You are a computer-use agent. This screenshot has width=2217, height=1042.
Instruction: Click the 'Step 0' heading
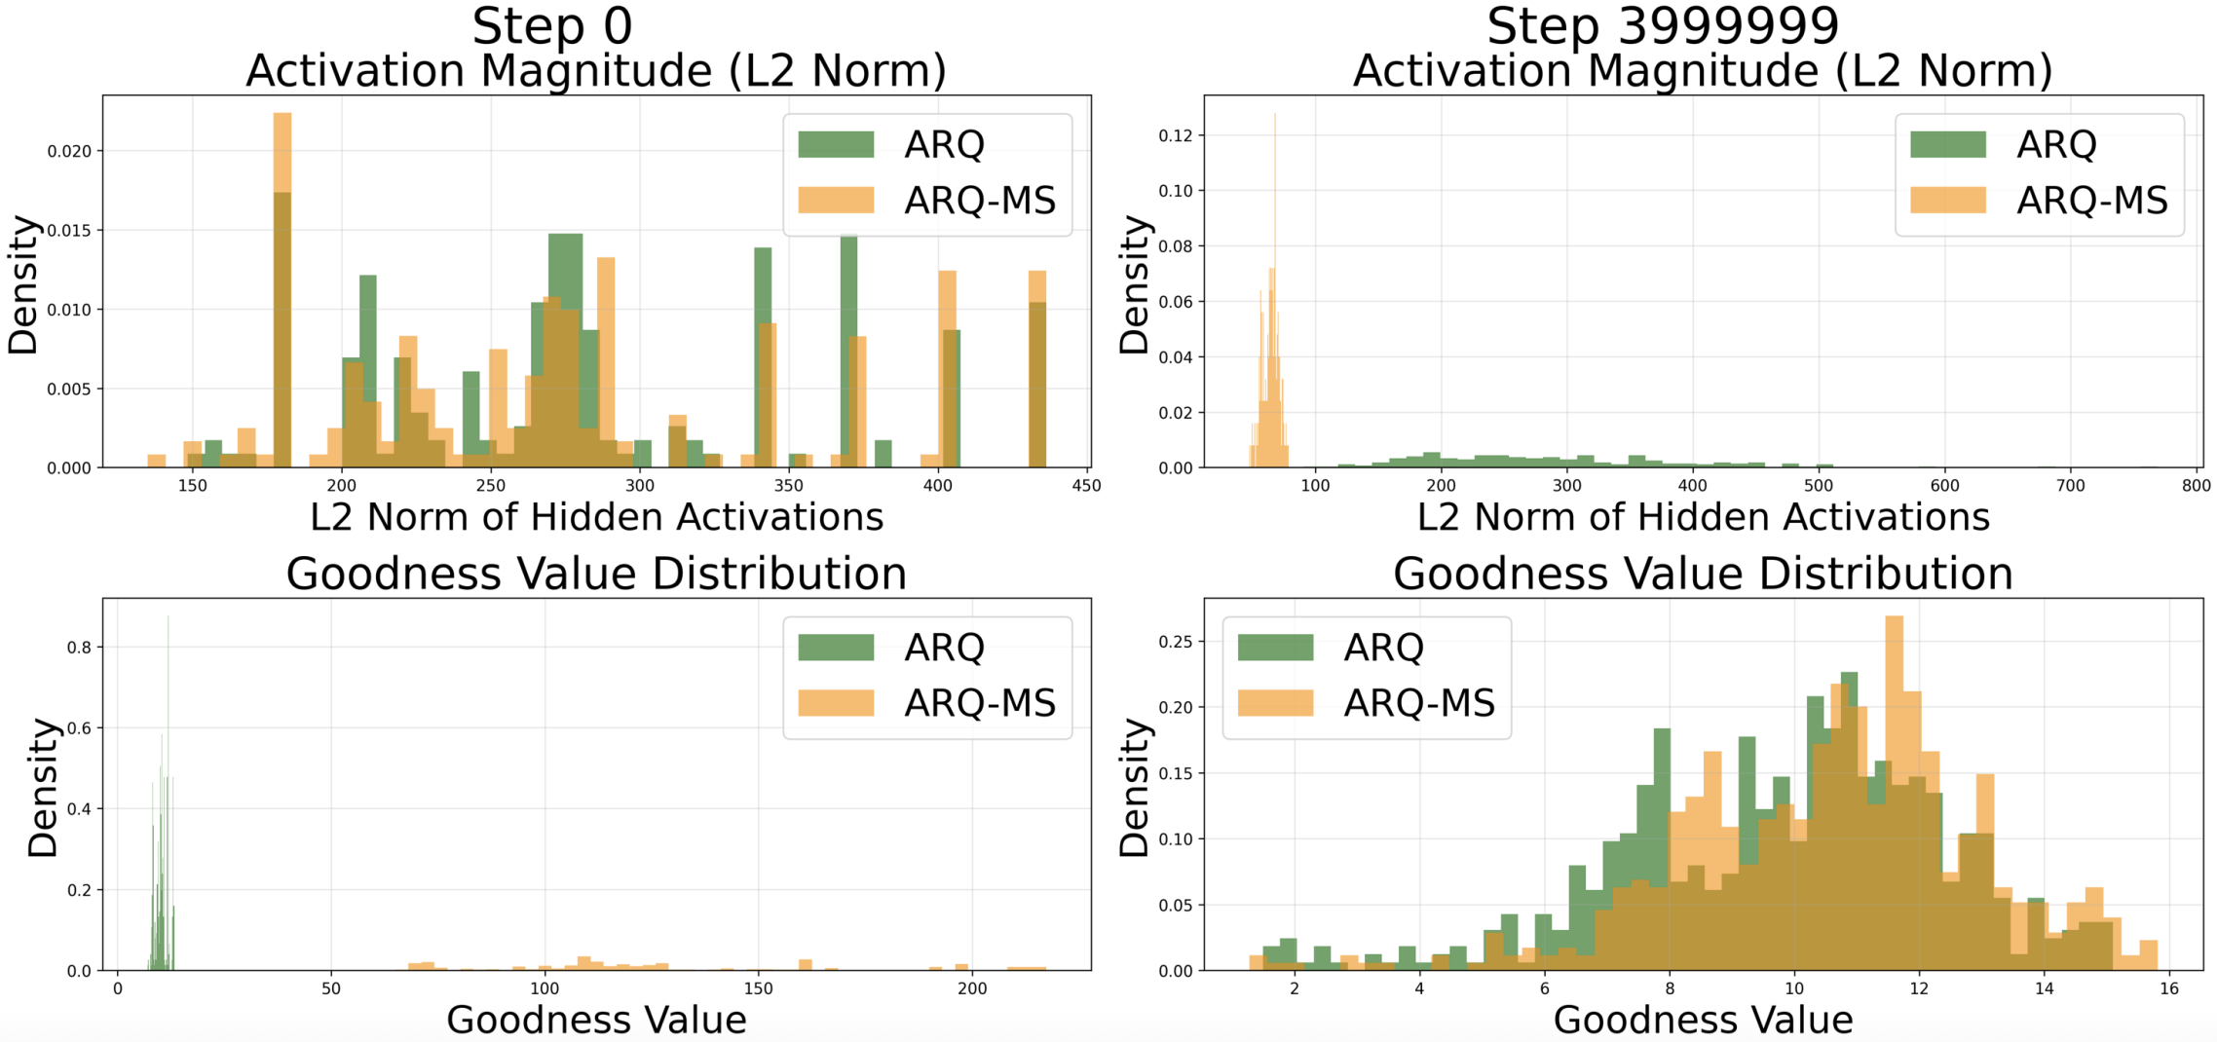pos(552,26)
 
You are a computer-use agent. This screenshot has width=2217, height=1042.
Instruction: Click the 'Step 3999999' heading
pos(1662,26)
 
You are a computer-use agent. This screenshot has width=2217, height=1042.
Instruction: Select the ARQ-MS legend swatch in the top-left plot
pos(836,200)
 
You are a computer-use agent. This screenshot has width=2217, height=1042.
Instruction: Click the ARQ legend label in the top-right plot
pos(2055,144)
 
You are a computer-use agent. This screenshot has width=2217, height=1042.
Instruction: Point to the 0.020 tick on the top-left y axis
pos(69,151)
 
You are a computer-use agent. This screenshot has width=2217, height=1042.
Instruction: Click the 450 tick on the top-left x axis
pos(1086,486)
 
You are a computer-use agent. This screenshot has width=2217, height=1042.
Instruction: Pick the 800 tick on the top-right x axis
pos(2196,486)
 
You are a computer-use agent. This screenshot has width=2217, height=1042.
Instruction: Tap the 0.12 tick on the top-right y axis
pos(1175,135)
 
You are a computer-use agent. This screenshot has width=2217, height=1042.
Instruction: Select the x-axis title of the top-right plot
pos(1703,517)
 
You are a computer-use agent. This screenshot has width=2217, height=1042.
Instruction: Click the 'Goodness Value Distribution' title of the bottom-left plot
pos(596,574)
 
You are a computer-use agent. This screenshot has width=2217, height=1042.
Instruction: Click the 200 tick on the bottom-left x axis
pos(971,989)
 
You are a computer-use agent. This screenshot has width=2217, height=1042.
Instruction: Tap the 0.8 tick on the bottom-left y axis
pos(79,647)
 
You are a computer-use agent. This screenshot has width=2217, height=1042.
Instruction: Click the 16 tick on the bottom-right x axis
pos(2168,989)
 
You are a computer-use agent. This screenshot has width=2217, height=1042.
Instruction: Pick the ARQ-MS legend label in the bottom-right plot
pos(1418,703)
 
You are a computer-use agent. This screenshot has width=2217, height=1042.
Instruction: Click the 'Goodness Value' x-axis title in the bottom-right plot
pos(1703,1021)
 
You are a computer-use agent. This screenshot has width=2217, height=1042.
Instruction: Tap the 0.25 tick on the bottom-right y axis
pos(1175,642)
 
